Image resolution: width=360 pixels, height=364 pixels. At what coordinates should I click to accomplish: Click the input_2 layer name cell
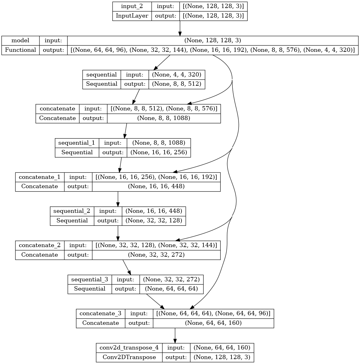[x=132, y=6]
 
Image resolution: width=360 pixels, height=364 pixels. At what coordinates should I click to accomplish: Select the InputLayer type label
[x=132, y=16]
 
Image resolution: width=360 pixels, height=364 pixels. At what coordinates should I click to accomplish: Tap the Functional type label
[x=20, y=50]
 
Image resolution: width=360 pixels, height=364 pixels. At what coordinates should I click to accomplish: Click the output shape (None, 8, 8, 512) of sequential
[x=177, y=84]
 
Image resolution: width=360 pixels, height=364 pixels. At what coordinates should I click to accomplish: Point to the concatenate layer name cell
[x=57, y=109]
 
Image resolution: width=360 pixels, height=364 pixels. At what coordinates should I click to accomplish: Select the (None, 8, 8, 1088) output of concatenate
[x=164, y=118]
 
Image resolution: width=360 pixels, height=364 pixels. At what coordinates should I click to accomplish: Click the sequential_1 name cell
[x=77, y=143]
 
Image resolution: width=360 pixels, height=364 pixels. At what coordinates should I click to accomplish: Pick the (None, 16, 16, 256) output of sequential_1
[x=159, y=152]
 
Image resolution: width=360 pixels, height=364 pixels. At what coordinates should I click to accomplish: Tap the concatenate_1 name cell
[x=39, y=177]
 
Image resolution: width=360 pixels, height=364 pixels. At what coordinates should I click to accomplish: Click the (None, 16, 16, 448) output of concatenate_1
[x=156, y=186]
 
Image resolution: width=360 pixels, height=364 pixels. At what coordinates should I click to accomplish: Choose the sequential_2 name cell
[x=72, y=211]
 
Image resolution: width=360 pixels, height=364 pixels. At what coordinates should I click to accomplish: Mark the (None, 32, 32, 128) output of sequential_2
[x=154, y=221]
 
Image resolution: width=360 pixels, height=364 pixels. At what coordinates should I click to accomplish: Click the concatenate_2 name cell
[x=39, y=245]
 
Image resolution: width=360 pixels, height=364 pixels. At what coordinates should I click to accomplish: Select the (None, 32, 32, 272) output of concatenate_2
[x=156, y=255]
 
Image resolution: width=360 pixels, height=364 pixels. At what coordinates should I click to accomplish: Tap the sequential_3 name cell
[x=90, y=279]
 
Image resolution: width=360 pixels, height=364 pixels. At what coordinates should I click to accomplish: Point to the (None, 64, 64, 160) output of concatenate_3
[x=213, y=323]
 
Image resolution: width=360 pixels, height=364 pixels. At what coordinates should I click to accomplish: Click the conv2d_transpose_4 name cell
[x=129, y=348]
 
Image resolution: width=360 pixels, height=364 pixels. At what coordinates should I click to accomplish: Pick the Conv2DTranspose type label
[x=129, y=357]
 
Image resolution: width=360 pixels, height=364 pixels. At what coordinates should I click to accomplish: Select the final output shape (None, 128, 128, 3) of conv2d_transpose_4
[x=222, y=357]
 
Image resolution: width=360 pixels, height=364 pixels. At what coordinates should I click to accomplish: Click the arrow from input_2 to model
[x=180, y=28]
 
